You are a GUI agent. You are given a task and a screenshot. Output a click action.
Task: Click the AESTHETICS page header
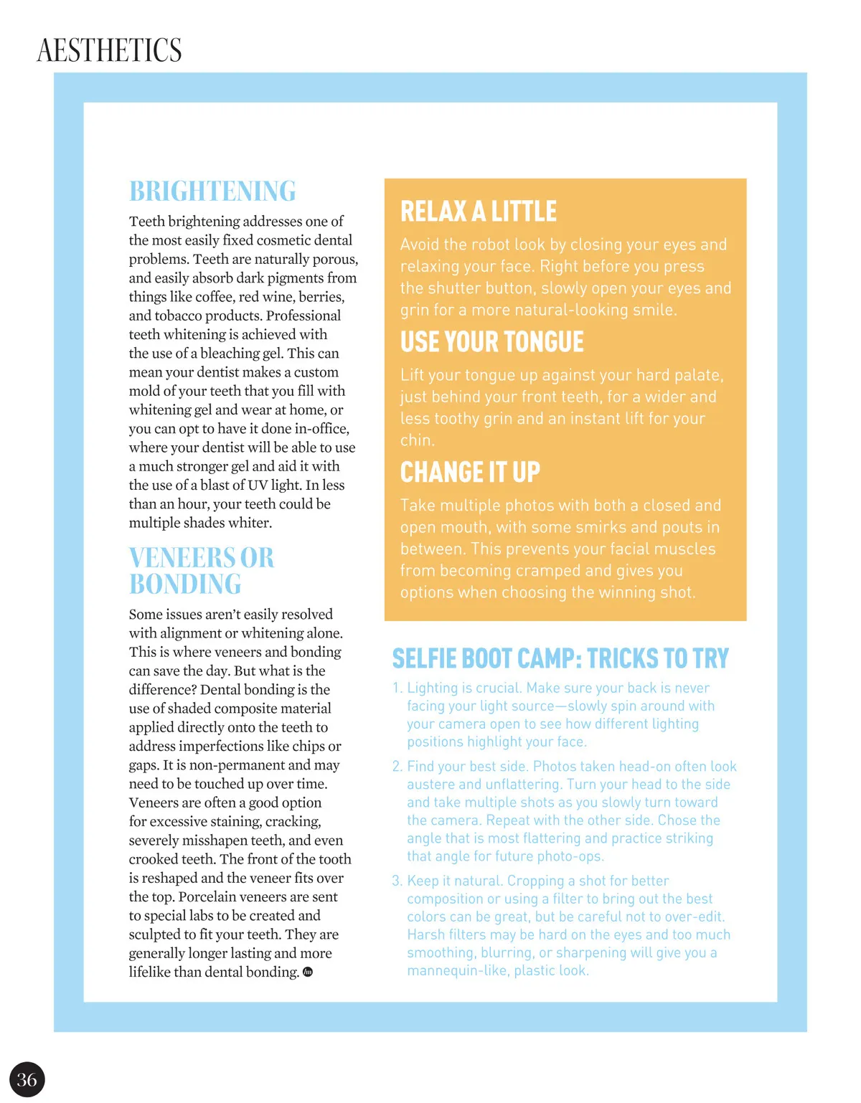click(x=109, y=50)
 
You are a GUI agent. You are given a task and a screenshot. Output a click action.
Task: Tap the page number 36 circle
click(x=27, y=1079)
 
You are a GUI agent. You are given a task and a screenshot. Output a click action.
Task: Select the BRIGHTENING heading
click(x=212, y=191)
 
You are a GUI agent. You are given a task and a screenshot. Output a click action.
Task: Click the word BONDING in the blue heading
click(x=185, y=584)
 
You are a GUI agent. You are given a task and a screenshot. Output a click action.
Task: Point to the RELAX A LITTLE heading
click(x=479, y=212)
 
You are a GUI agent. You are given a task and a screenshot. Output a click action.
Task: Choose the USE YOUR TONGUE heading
click(x=492, y=342)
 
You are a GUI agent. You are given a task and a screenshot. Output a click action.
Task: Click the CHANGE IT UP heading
click(x=470, y=473)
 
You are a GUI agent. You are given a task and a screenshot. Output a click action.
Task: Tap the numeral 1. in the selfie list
click(x=397, y=688)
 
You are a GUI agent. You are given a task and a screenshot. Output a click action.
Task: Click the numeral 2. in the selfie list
click(x=397, y=767)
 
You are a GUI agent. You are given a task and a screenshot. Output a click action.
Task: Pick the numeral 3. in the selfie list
click(x=397, y=881)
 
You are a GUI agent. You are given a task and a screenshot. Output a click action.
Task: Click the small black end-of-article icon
click(x=308, y=972)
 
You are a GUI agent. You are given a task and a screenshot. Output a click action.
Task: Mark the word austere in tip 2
click(x=430, y=785)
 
